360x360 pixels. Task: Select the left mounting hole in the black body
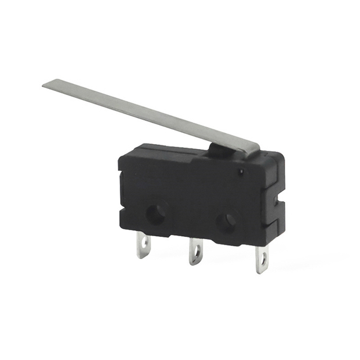156,213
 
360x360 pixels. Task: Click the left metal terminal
143,246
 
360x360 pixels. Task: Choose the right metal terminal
262,259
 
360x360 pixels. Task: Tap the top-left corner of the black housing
128,147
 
